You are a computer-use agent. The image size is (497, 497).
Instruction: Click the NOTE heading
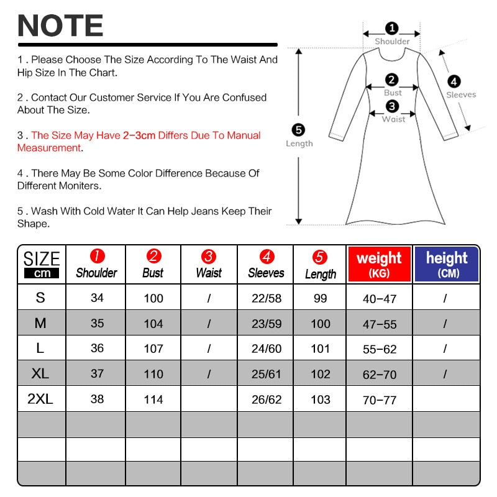click(x=60, y=25)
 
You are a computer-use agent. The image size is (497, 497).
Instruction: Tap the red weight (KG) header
click(x=380, y=264)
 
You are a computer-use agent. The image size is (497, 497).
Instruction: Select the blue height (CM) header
click(x=447, y=264)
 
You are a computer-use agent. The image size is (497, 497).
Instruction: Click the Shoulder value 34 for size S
click(x=97, y=298)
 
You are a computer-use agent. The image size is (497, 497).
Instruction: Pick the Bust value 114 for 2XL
click(x=153, y=399)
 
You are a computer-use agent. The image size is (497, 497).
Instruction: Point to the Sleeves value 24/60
click(x=267, y=349)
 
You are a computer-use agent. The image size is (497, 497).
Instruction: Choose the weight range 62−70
click(x=380, y=375)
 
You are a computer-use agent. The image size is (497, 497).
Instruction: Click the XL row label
click(x=40, y=373)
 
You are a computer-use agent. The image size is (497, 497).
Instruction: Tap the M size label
click(x=40, y=323)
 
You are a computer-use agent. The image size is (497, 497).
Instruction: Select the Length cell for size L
click(x=320, y=349)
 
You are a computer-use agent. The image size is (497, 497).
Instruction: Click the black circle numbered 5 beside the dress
click(x=298, y=130)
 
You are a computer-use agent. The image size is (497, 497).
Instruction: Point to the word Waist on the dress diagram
click(x=393, y=119)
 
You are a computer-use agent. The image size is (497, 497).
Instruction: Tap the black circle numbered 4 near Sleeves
click(x=454, y=82)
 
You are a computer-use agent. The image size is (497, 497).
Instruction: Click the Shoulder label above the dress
click(x=392, y=41)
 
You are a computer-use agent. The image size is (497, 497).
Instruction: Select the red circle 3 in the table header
click(x=209, y=256)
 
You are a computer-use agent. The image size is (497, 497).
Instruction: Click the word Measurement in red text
click(x=49, y=148)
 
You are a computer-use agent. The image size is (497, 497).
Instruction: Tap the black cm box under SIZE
click(x=42, y=273)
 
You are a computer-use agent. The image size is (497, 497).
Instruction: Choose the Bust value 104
click(x=153, y=324)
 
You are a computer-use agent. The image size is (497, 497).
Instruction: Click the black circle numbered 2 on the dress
click(x=392, y=80)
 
